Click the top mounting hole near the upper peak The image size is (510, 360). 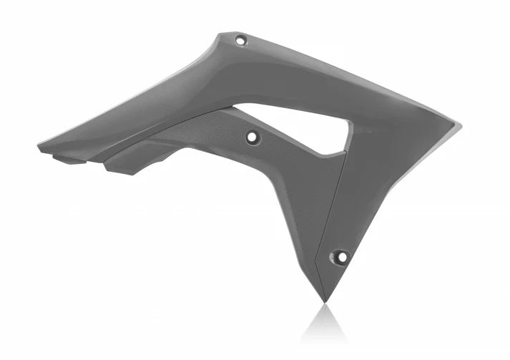pos(240,41)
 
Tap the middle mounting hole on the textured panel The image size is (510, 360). pos(252,137)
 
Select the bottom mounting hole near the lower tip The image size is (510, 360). pos(341,257)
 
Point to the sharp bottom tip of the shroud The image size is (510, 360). pos(323,300)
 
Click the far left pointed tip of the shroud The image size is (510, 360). pos(40,148)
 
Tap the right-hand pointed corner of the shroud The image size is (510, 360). pos(458,127)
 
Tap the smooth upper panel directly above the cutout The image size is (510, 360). pos(300,86)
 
